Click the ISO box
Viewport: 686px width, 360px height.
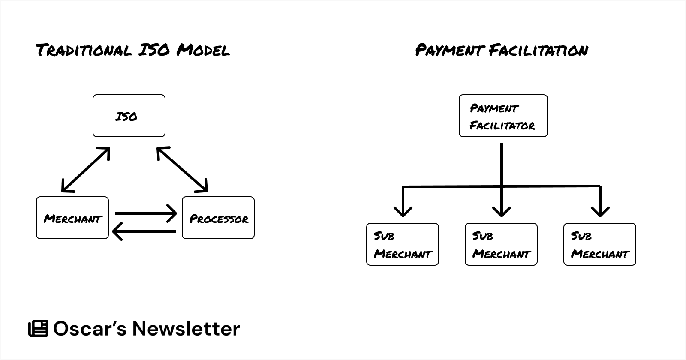click(129, 116)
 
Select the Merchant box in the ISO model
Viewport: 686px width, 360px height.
click(72, 218)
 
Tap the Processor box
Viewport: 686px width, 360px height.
click(218, 218)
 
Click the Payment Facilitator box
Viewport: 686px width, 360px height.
click(503, 116)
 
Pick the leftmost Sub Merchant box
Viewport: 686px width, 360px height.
click(402, 244)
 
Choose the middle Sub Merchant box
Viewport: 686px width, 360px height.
click(501, 244)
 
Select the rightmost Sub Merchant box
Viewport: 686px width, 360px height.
click(599, 244)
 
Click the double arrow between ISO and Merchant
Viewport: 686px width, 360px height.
click(86, 170)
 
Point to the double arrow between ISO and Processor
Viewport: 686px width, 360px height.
click(182, 170)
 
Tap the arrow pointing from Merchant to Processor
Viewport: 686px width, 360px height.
click(146, 213)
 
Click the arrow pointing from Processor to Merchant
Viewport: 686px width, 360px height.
click(144, 231)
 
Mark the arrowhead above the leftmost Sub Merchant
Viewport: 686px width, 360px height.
click(403, 211)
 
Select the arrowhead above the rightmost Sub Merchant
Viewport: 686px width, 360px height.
click(600, 211)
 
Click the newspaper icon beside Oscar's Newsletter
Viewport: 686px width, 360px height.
click(38, 329)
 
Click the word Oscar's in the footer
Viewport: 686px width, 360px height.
click(90, 329)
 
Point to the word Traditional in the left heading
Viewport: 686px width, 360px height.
click(84, 50)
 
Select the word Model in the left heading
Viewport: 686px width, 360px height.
click(203, 50)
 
